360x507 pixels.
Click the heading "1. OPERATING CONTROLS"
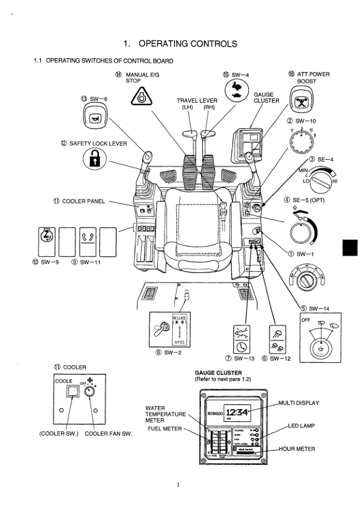180,43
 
